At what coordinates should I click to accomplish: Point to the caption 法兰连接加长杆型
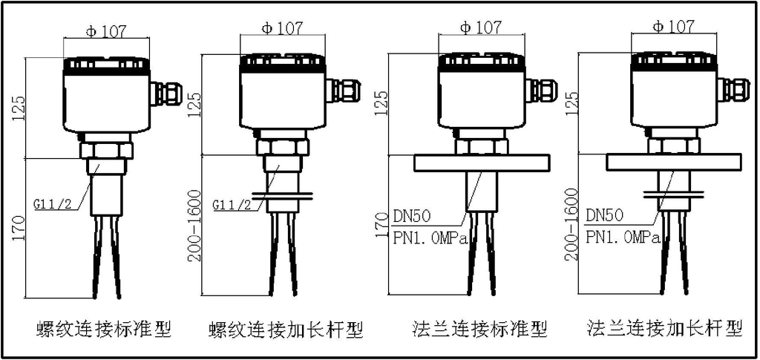(x=664, y=327)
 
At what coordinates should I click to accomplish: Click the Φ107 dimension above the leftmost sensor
(x=107, y=31)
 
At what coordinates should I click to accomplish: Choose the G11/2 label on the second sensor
(x=232, y=203)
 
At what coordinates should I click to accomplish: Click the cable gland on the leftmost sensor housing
(x=166, y=94)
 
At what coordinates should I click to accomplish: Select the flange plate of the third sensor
(x=480, y=163)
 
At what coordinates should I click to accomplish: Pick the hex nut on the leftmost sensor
(x=105, y=151)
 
